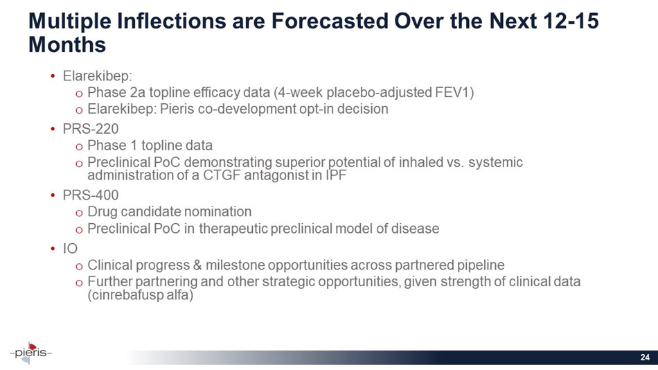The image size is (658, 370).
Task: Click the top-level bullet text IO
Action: click(70, 248)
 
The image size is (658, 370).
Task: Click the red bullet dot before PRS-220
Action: click(53, 129)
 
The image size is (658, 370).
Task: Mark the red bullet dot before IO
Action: click(53, 248)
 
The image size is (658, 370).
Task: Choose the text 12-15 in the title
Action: click(571, 21)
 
